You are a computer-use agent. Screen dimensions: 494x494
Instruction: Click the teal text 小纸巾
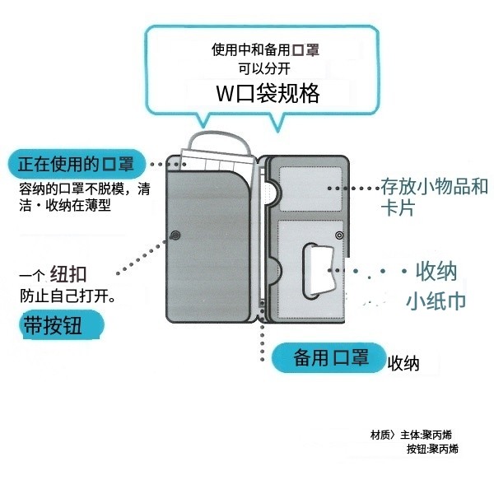coord(436,301)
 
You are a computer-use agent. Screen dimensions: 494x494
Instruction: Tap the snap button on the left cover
coord(175,237)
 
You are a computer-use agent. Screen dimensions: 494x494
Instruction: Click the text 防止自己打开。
coord(68,295)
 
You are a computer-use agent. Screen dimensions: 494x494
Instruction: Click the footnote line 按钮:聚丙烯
coord(432,449)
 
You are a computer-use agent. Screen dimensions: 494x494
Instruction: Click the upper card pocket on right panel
coord(306,187)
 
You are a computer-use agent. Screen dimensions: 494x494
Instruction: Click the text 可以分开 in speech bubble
coord(265,69)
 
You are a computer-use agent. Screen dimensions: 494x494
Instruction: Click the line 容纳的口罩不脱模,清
coord(85,189)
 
